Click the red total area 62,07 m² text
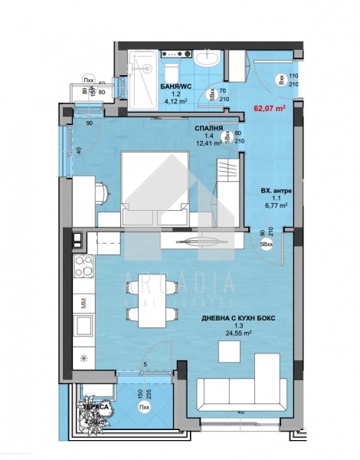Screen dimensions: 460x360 point(269,109)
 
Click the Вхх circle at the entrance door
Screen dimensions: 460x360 point(281,79)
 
